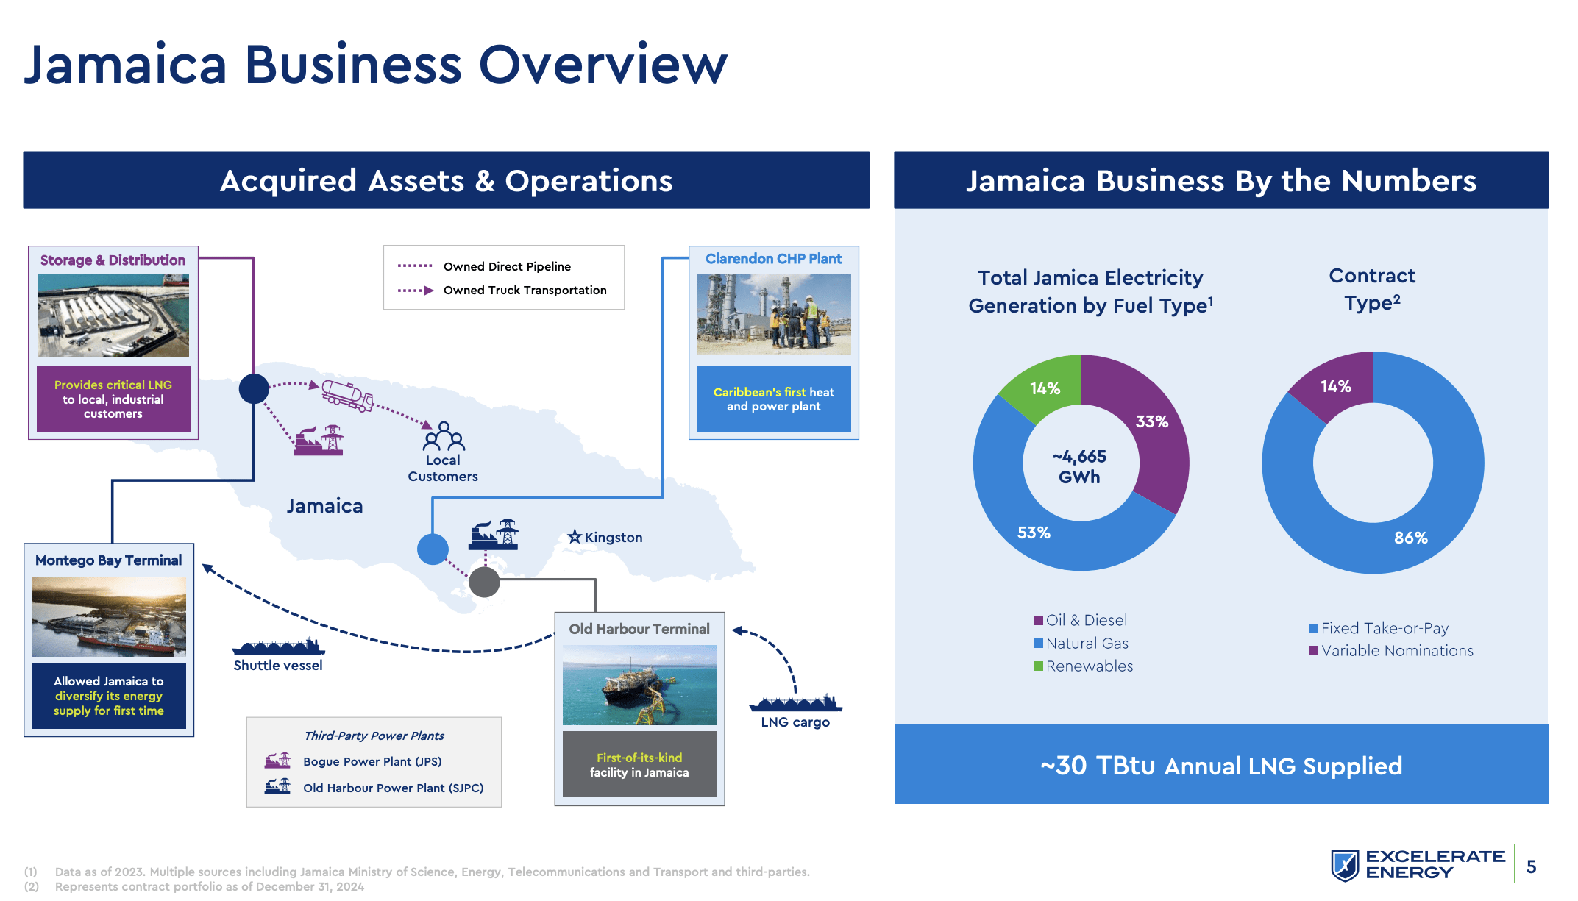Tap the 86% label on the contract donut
(x=1410, y=538)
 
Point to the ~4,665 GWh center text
(x=1079, y=466)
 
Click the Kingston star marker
(x=575, y=537)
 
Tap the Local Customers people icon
(x=444, y=436)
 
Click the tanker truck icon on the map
(x=347, y=395)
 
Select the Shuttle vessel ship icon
(x=278, y=647)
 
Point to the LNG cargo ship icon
(x=795, y=703)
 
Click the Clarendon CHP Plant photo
(x=773, y=314)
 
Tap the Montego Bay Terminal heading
(x=108, y=560)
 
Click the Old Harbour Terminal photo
(x=639, y=685)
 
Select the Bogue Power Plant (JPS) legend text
(x=372, y=762)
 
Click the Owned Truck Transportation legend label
(x=525, y=291)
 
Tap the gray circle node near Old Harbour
(x=484, y=582)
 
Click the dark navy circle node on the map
(x=254, y=388)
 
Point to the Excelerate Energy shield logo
(x=1345, y=865)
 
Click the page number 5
(x=1531, y=866)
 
